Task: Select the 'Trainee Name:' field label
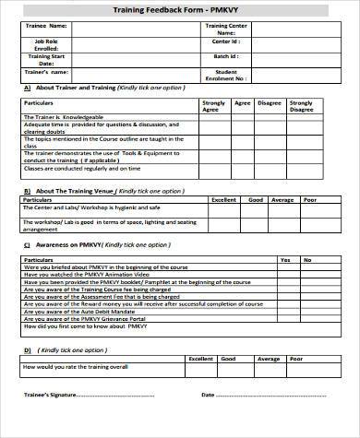point(45,27)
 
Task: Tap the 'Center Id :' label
point(226,41)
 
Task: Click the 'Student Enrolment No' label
point(226,75)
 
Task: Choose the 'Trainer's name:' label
point(45,71)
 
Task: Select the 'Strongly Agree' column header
point(213,106)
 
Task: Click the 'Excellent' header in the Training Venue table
point(224,199)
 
